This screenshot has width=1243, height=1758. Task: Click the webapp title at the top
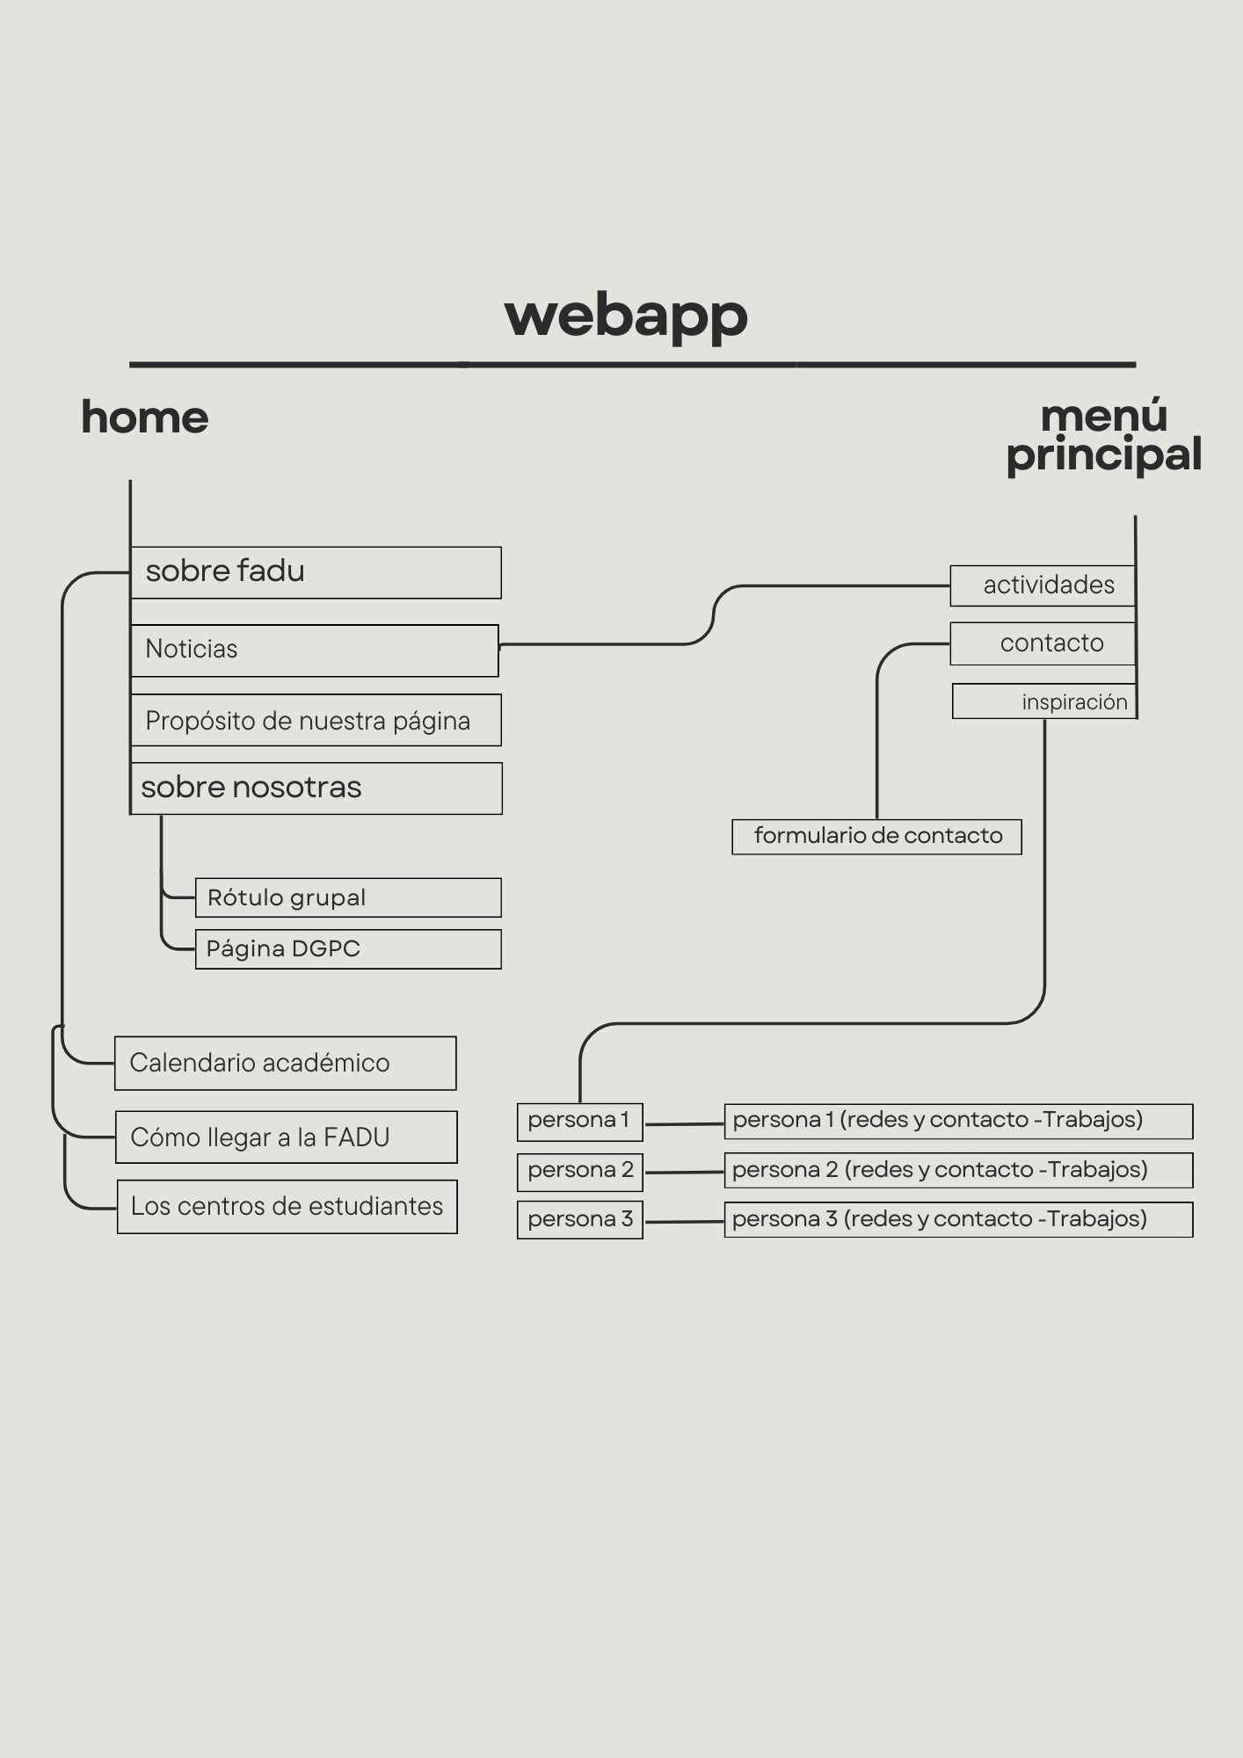[626, 316]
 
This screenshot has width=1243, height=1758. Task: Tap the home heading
[145, 417]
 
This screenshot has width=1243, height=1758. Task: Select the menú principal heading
[1104, 436]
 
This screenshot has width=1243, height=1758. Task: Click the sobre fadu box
[316, 572]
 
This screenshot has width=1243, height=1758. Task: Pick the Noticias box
[315, 650]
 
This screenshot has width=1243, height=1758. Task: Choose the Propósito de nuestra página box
[316, 721]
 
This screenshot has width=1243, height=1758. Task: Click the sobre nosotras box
[316, 788]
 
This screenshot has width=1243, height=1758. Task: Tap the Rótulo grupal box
[348, 897]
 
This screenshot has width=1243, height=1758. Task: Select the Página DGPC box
[348, 949]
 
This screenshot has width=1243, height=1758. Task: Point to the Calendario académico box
[286, 1064]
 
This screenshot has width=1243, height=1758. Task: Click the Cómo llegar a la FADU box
[287, 1137]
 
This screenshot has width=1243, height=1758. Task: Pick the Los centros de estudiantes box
[287, 1207]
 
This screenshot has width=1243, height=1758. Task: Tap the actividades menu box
[1043, 585]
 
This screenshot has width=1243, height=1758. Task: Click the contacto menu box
[1043, 643]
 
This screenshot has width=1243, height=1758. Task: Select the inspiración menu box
[1045, 701]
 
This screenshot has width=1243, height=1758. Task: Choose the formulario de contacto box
[877, 836]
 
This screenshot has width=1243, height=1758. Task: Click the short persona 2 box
[580, 1171]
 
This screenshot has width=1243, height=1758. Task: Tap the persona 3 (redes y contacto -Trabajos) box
[958, 1220]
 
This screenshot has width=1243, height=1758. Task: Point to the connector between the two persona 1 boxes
[684, 1123]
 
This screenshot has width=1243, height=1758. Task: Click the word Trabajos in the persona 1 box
[1092, 1120]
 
